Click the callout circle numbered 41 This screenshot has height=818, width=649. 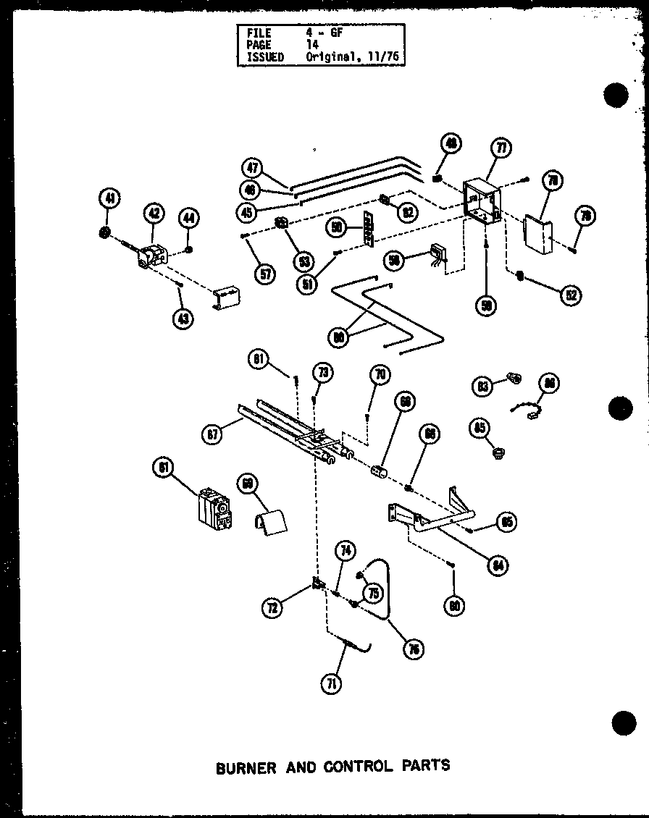coord(109,198)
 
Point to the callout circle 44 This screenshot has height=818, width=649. coord(189,216)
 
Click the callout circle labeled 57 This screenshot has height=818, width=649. coord(267,274)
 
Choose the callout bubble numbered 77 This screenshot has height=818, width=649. coord(500,149)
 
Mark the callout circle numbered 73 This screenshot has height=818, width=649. coord(322,373)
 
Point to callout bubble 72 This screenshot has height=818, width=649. coord(272,608)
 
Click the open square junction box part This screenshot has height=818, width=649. coord(482,200)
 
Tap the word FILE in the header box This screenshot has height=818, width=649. coord(258,33)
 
